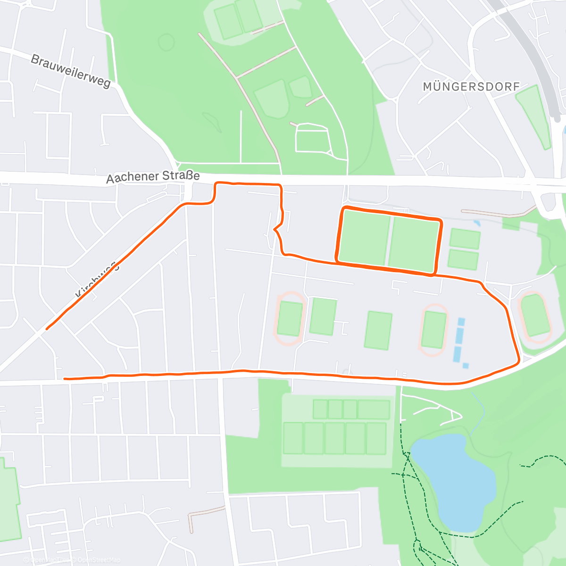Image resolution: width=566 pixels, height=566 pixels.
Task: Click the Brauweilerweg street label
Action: pyautogui.click(x=71, y=71)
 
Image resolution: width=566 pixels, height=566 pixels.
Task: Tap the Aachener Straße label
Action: pyautogui.click(x=153, y=177)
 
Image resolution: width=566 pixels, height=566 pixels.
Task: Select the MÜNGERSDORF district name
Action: pyautogui.click(x=471, y=87)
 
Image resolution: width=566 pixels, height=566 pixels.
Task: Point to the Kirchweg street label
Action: pyautogui.click(x=97, y=281)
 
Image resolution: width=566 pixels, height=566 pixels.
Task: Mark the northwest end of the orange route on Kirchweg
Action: pyautogui.click(x=47, y=329)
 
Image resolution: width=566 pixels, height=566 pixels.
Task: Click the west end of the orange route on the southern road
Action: pyautogui.click(x=65, y=378)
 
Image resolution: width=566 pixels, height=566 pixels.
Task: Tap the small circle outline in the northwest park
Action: pyautogui.click(x=166, y=42)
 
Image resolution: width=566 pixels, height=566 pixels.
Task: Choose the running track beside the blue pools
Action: pyautogui.click(x=433, y=330)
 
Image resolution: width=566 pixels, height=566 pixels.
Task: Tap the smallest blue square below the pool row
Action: pyautogui.click(x=466, y=366)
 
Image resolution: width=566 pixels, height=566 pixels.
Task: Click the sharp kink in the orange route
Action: pyautogui.click(x=275, y=230)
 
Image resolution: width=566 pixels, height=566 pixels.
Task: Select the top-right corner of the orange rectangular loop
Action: pyautogui.click(x=440, y=221)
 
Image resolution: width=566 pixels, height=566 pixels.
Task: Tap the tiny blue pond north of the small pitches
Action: pyautogui.click(x=477, y=223)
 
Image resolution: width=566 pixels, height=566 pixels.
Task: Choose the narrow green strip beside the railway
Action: pyautogui.click(x=534, y=116)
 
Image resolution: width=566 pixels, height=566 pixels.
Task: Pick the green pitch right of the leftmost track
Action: pyautogui.click(x=323, y=316)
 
